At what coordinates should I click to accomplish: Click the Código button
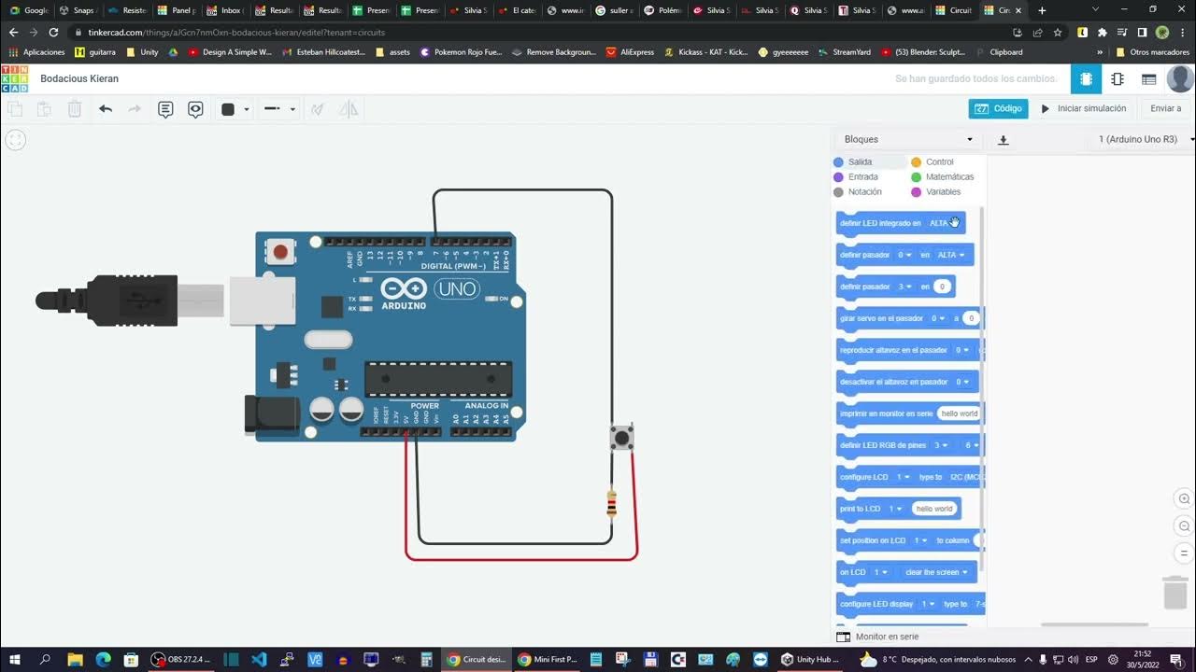coord(998,108)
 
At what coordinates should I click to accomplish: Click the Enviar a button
coord(1165,108)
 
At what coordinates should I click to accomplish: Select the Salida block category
coord(860,162)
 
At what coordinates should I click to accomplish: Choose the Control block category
coord(939,162)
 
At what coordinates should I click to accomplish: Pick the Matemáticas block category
coord(949,177)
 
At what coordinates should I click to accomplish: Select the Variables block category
coord(943,192)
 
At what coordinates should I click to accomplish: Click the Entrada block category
coord(862,177)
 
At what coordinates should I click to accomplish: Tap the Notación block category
coord(864,192)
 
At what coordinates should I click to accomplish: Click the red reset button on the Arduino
coord(280,250)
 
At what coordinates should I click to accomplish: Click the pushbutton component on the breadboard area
coord(621,436)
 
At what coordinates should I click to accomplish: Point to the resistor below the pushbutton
coord(611,504)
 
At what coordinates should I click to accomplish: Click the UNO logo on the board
coord(457,289)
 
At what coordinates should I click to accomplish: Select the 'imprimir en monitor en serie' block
coord(886,413)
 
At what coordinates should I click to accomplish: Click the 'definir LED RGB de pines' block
coord(883,445)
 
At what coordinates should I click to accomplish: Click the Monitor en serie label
coord(887,637)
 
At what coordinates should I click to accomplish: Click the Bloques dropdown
coord(907,139)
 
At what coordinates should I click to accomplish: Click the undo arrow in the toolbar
coord(106,109)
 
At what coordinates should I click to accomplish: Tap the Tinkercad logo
coord(15,78)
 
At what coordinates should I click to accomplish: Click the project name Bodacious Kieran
coord(79,78)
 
